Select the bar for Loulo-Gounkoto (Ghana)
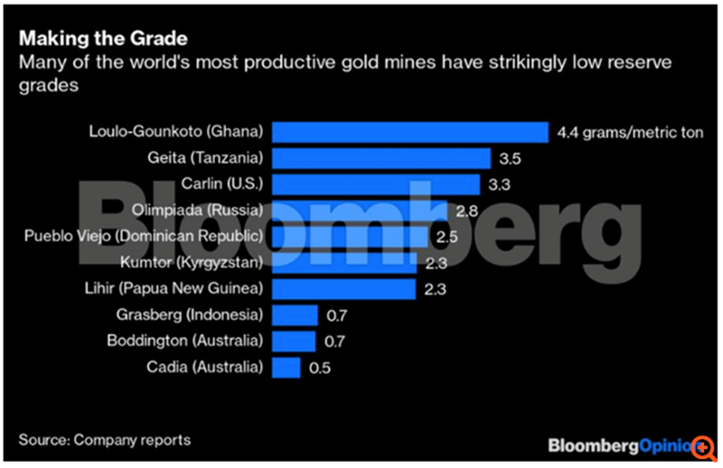tap(409, 132)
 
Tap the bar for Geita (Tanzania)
tap(380, 158)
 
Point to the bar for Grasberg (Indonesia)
tap(295, 315)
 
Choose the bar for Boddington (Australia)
tap(294, 342)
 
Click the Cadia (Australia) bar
tap(286, 368)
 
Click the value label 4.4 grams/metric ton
tap(631, 133)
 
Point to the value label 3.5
tap(509, 159)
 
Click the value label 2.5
tap(446, 237)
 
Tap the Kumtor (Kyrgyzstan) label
tap(192, 263)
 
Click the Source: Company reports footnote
tap(105, 440)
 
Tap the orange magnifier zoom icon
tap(700, 445)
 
